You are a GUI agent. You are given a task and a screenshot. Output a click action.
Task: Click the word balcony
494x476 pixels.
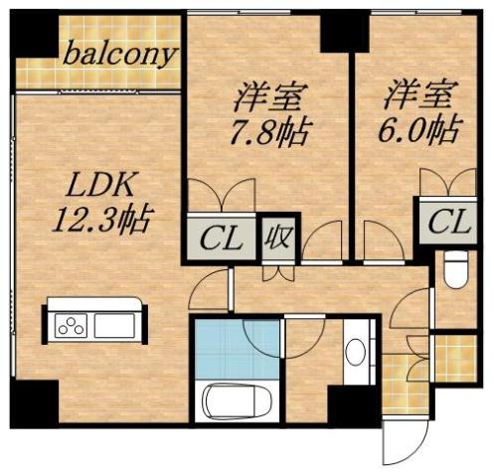coord(120,53)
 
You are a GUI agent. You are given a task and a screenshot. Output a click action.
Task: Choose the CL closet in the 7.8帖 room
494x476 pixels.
coord(221,238)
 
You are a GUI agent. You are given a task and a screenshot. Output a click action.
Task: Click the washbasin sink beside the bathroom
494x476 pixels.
coord(355,354)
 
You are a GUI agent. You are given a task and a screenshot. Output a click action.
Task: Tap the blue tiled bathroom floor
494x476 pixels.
coord(237,349)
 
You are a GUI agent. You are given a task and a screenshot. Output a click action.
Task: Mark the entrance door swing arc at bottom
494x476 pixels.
coord(407,442)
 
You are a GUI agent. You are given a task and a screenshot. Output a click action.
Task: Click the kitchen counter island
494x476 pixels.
coord(92,324)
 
